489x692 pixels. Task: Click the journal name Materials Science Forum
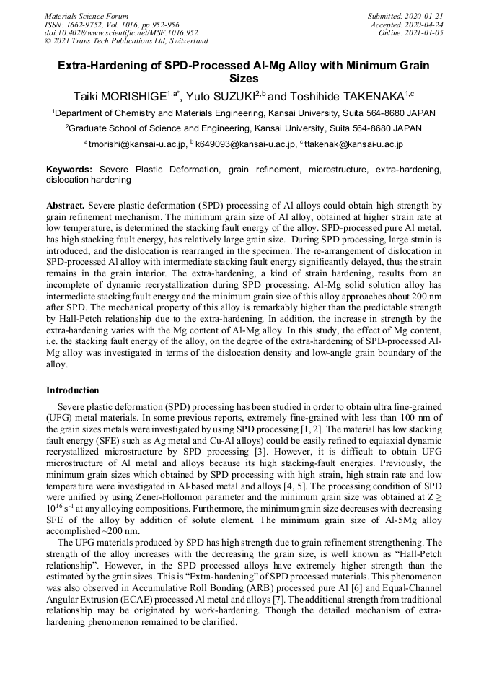coord(87,16)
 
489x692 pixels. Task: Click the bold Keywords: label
coord(69,169)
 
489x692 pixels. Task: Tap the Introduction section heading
coord(73,390)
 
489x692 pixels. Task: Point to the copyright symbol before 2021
coord(48,42)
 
